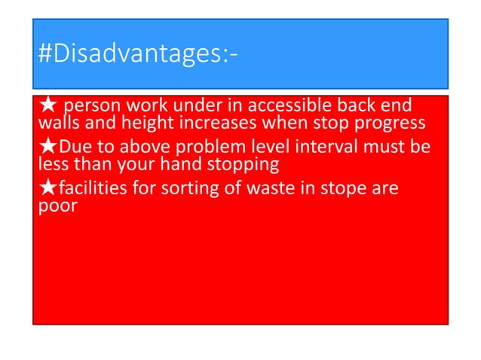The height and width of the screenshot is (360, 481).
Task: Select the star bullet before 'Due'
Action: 47,146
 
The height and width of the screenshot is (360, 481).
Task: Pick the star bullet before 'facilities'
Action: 47,188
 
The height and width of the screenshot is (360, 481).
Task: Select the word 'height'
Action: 141,123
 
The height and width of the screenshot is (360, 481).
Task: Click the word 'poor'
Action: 57,206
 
